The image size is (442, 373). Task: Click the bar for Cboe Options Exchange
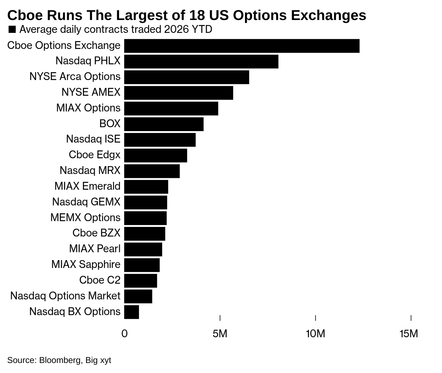(242, 46)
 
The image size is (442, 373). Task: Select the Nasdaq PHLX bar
(201, 61)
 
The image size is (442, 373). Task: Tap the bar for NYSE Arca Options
(186, 77)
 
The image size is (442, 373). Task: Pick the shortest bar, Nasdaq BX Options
(132, 312)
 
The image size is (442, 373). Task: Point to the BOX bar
(164, 124)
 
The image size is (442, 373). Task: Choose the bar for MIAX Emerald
(146, 187)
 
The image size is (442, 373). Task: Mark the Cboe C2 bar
(141, 280)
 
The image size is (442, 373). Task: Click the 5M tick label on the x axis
(220, 334)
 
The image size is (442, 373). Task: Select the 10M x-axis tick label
(315, 334)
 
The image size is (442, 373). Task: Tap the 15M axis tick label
(409, 334)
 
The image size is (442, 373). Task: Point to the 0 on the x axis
(124, 334)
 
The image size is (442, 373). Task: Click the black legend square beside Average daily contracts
(12, 29)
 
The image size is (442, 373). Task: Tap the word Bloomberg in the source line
(60, 360)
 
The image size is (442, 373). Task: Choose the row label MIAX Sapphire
(86, 264)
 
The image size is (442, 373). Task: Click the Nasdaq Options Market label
(65, 296)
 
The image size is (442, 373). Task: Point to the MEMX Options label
(85, 218)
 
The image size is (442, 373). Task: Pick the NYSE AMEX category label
(91, 92)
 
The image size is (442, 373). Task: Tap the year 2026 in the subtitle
(175, 29)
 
